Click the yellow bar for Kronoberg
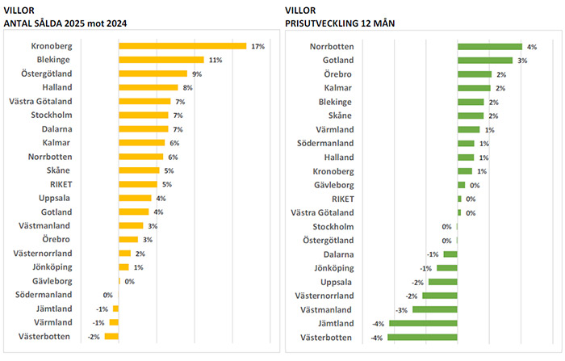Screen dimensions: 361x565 [182, 46]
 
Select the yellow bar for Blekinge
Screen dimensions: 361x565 [161, 60]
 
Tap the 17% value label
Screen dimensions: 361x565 [258, 47]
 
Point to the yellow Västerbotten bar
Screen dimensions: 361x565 [111, 337]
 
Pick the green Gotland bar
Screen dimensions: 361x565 [485, 60]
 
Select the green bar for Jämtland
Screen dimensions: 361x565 [423, 323]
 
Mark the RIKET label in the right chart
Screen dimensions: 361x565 [341, 199]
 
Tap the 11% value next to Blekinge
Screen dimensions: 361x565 [216, 61]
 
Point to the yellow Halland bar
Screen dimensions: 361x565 [149, 87]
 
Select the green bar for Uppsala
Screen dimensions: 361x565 [443, 282]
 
